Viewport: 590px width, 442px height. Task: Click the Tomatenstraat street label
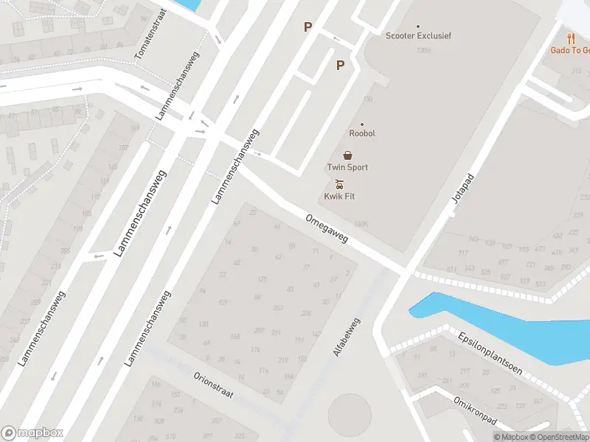tap(148, 35)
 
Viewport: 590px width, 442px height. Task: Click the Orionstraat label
tap(214, 385)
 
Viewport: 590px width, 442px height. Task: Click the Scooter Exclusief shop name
tap(418, 35)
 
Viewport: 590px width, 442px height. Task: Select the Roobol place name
tap(362, 133)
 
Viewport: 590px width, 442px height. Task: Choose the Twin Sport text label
tap(347, 167)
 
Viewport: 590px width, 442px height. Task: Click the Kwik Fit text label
tap(340, 197)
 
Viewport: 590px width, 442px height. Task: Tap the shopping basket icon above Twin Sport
tap(347, 155)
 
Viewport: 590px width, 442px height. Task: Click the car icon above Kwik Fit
tap(339, 184)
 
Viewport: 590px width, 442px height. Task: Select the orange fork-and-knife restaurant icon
tap(571, 38)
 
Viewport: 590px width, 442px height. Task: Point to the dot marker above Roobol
tap(362, 124)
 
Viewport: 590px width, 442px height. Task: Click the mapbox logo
tap(32, 433)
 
